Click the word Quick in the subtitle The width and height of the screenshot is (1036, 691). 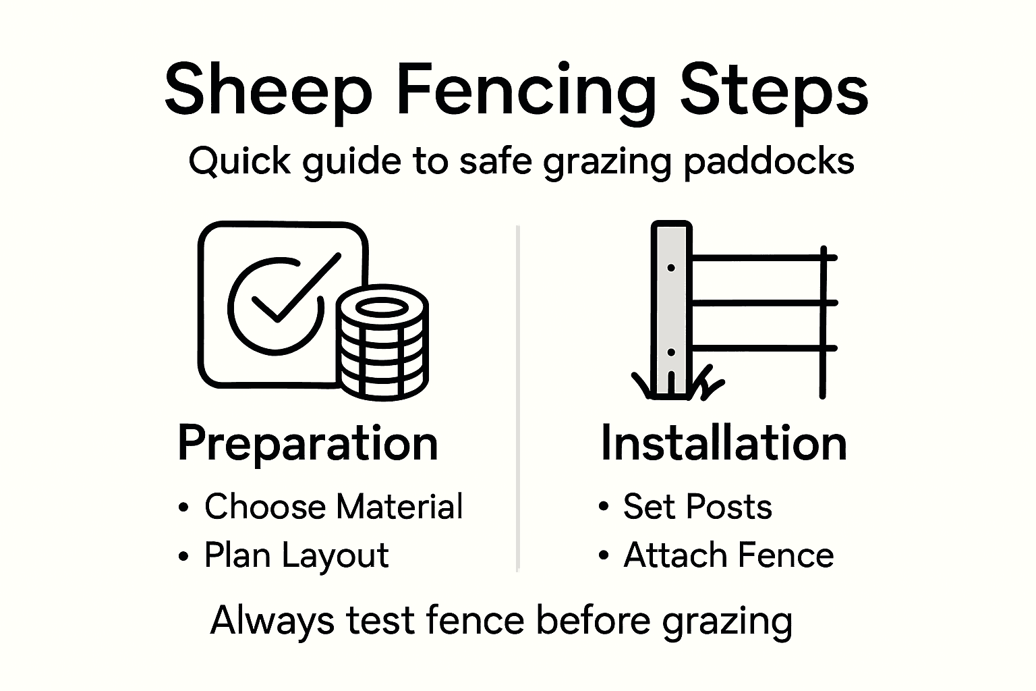(239, 162)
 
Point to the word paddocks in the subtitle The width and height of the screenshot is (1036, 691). (769, 162)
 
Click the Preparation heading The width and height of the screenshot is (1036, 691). (308, 443)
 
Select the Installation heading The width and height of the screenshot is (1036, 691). (723, 443)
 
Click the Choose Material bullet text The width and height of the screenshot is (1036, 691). (333, 506)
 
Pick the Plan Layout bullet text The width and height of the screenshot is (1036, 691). (296, 555)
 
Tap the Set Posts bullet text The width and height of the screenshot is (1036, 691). (697, 506)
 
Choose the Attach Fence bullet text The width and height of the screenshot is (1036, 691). (728, 555)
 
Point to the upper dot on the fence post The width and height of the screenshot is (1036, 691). (671, 268)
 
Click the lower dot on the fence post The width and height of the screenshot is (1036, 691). (671, 352)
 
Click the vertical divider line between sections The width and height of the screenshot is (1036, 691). (517, 398)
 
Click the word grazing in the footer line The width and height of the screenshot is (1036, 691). (727, 620)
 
